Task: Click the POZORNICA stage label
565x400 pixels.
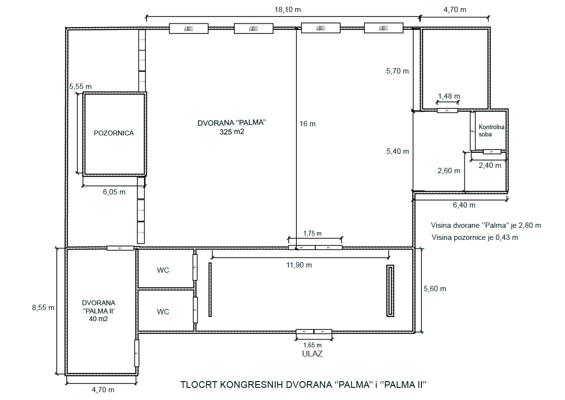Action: [x=114, y=133]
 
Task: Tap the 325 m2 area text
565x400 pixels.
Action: [x=232, y=132]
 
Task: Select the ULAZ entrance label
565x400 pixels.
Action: [x=312, y=354]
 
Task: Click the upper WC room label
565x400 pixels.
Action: [x=163, y=270]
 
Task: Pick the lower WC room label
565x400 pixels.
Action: [x=163, y=311]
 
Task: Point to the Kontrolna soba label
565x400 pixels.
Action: [x=492, y=131]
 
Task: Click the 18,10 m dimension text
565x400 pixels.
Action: [x=288, y=10]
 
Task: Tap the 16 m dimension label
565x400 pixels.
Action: [x=307, y=124]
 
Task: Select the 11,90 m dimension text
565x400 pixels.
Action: [x=299, y=265]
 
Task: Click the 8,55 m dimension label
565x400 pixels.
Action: [x=43, y=308]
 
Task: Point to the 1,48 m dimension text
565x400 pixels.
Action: [x=449, y=96]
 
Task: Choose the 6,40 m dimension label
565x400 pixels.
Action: [x=464, y=205]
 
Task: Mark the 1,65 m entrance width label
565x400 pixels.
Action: [x=312, y=345]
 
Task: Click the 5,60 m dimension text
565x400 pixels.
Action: [x=435, y=289]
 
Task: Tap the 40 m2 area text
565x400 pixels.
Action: [x=99, y=319]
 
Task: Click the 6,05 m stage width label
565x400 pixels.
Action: [x=114, y=192]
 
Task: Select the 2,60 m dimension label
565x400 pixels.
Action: [x=449, y=171]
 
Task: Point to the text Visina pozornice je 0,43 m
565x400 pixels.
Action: [x=475, y=237]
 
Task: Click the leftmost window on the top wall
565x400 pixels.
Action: [x=189, y=29]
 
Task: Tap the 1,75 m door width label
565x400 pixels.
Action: [x=312, y=233]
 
